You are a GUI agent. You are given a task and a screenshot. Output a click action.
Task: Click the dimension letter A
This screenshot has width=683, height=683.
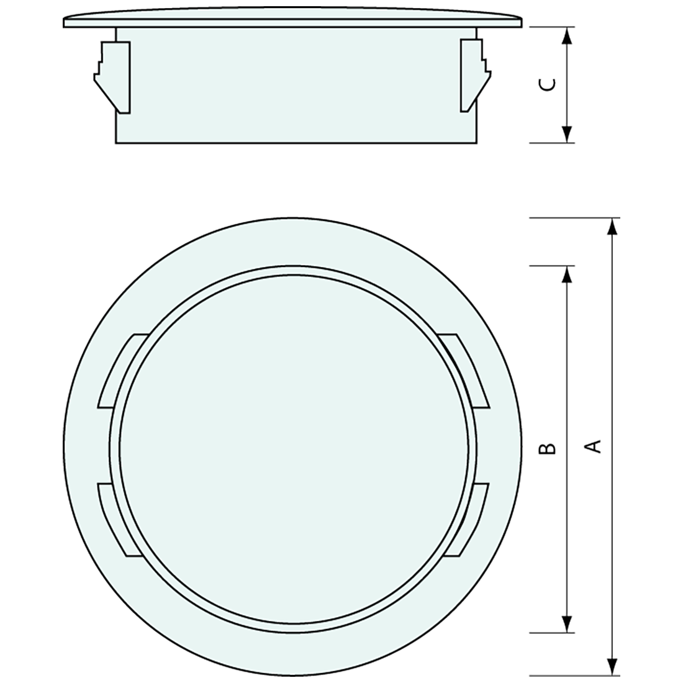click(x=594, y=446)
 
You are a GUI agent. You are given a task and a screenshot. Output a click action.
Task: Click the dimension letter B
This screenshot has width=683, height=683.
click(x=546, y=448)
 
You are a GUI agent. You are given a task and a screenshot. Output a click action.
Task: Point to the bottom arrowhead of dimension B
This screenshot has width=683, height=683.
click(x=566, y=623)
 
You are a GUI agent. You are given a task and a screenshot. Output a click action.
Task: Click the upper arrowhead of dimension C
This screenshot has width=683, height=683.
click(x=566, y=36)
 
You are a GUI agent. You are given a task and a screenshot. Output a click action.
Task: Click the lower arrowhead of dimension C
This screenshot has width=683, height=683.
click(x=566, y=133)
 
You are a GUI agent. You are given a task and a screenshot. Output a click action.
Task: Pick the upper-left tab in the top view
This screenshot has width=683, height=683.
click(x=121, y=371)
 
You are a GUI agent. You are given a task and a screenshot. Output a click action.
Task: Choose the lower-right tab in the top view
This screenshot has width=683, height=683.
click(x=470, y=520)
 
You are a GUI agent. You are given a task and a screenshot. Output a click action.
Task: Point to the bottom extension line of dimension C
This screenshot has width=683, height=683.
click(x=553, y=143)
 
